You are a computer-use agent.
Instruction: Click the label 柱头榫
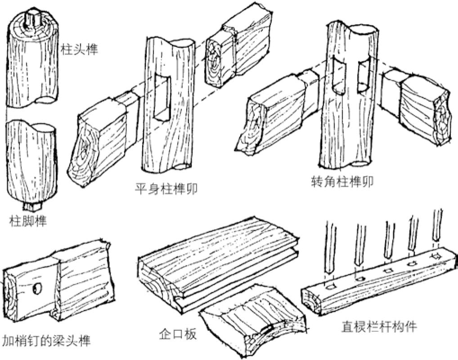[79, 49]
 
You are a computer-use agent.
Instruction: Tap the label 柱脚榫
[28, 221]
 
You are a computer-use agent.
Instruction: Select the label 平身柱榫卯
[166, 189]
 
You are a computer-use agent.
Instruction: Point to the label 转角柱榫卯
[343, 181]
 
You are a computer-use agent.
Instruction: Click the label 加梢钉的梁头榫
[46, 340]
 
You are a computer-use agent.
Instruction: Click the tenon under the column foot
[32, 207]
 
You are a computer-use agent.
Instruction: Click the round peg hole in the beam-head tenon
[37, 289]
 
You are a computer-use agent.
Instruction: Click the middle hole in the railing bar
[388, 270]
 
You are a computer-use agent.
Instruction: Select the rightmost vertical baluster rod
[437, 225]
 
